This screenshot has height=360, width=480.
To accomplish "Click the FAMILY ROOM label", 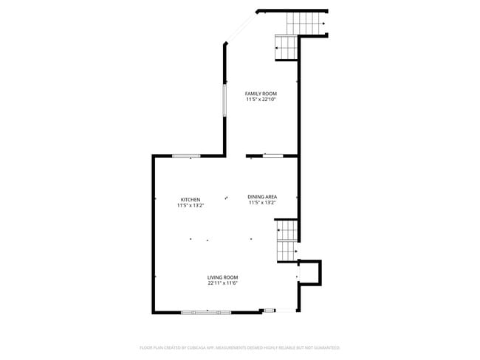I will [261, 94].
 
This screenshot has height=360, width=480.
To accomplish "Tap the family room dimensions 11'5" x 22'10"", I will [261, 100].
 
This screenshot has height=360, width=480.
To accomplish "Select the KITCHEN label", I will [191, 200].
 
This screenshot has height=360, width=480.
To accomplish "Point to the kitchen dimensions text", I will [191, 206].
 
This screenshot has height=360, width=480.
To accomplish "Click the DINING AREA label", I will [262, 196].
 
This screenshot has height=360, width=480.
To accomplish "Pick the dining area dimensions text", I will [262, 202].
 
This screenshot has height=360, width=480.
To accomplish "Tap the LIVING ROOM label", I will [222, 277].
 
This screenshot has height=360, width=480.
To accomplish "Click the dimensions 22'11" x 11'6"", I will [222, 283].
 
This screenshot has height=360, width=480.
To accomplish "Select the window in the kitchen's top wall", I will [186, 156].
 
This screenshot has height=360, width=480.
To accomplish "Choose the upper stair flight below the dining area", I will [286, 229].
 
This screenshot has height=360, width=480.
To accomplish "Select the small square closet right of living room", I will [310, 272].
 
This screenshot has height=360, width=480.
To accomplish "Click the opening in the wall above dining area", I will [273, 156].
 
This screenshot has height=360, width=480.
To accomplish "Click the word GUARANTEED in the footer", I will [326, 347].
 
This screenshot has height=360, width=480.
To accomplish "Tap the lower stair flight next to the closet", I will [286, 251].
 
